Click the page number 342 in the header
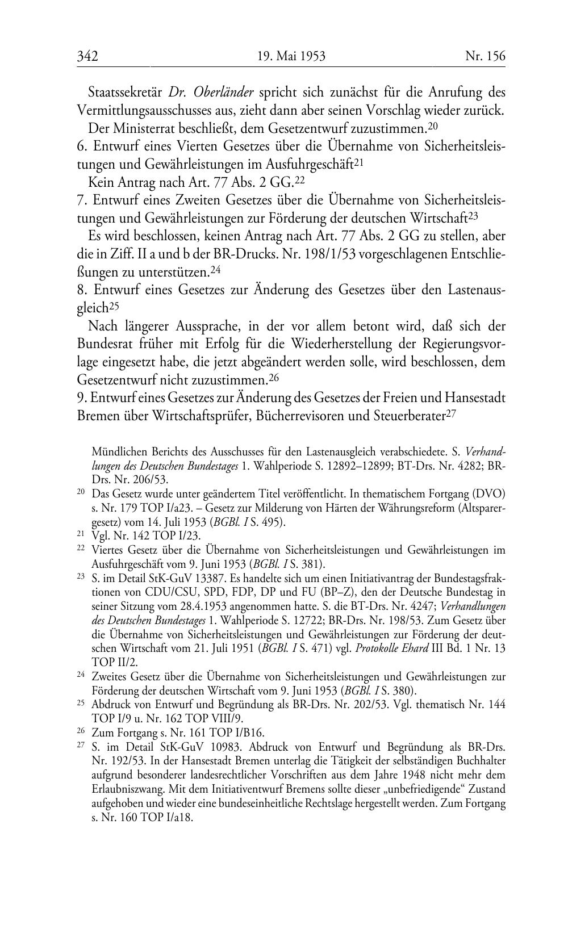(87, 56)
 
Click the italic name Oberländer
(224, 92)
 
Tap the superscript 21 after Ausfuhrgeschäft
(358, 162)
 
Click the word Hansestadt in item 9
(471, 397)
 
